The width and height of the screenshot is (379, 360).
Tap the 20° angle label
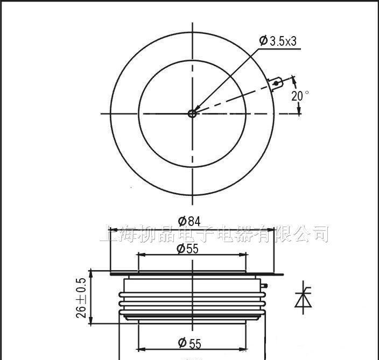coord(300,96)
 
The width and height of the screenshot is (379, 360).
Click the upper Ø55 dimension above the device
coord(189,248)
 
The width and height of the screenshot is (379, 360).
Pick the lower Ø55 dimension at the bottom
coord(189,343)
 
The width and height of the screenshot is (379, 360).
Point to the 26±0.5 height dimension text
coord(82,298)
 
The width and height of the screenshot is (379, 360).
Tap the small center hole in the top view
coord(192,113)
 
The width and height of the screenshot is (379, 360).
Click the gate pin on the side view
coord(264,285)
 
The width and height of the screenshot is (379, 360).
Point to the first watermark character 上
coord(109,235)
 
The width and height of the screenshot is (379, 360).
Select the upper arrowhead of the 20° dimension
coord(294,80)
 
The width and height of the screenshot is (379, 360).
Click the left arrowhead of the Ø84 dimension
coord(113,228)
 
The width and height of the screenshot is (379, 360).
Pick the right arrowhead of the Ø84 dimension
coord(272,228)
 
